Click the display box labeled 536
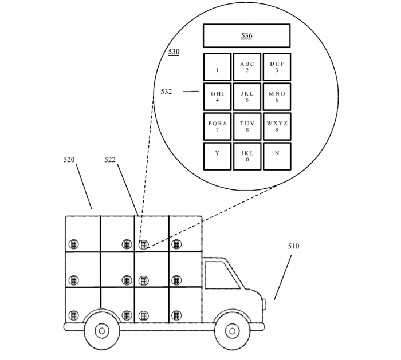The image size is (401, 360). click(246, 35)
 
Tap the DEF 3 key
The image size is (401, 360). click(277, 67)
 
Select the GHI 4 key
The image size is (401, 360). click(217, 97)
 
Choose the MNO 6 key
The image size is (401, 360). click(277, 97)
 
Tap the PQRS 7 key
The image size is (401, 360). click(217, 126)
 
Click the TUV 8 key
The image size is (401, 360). click(247, 126)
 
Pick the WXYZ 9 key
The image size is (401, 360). click(277, 126)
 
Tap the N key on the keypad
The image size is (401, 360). click(277, 156)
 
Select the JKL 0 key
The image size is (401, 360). click(247, 156)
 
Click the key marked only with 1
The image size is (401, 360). click(217, 67)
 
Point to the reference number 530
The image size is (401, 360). click(174, 52)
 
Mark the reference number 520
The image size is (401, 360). click(69, 160)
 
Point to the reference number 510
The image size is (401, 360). click(293, 247)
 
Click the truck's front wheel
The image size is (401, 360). click(231, 330)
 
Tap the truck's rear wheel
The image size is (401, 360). click(101, 330)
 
